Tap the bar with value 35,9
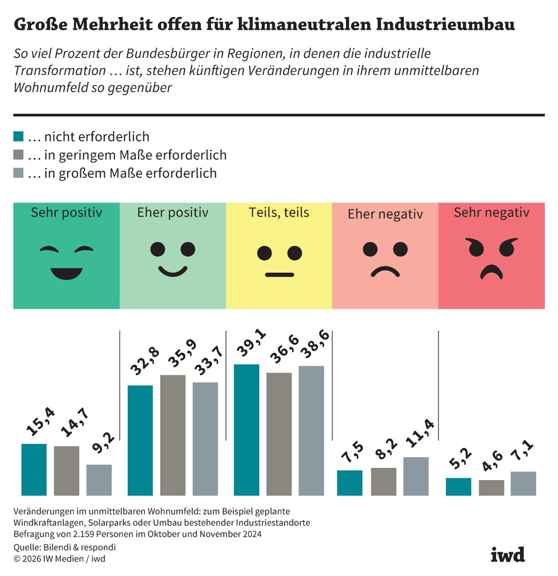click(x=173, y=435)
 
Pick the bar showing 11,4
click(x=416, y=476)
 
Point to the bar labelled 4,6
click(x=491, y=487)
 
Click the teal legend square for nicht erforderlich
click(x=18, y=137)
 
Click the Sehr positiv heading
click(x=66, y=212)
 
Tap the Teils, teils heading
click(x=279, y=212)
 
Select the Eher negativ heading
click(x=385, y=214)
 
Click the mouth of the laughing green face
click(x=66, y=273)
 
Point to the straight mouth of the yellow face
click(x=279, y=274)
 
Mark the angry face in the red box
click(x=492, y=258)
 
